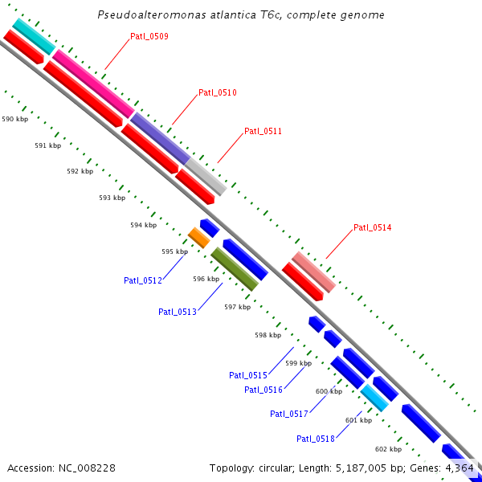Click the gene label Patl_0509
click(x=149, y=36)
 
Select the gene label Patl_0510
click(x=218, y=92)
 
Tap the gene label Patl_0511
click(x=263, y=131)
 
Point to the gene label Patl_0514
click(x=373, y=227)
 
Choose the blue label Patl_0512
click(x=143, y=280)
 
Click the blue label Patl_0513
click(x=178, y=312)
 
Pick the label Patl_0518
click(x=316, y=439)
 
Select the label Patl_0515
click(x=248, y=375)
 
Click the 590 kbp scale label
click(x=15, y=119)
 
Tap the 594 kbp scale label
click(x=143, y=225)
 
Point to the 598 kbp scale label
click(x=268, y=335)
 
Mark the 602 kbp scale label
click(x=388, y=449)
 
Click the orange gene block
click(x=198, y=237)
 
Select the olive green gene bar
click(x=235, y=269)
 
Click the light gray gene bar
click(x=206, y=176)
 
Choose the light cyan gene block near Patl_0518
click(x=374, y=398)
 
